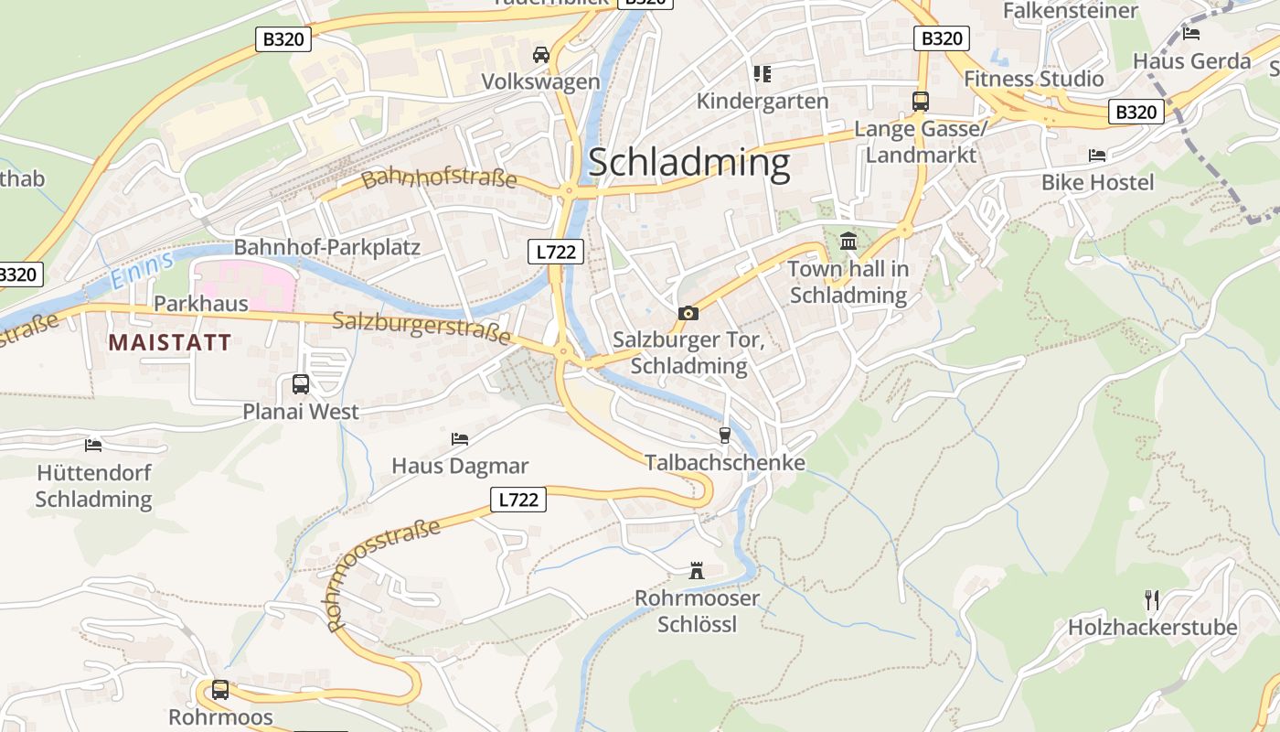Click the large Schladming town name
coord(688,163)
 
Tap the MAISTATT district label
coord(170,343)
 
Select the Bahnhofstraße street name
coord(439,178)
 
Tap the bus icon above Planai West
coord(301,384)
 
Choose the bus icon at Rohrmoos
coord(220,690)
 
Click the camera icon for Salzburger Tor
coord(688,314)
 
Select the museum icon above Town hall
coord(848,242)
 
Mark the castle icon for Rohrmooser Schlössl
coord(697,572)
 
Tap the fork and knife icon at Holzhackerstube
coord(1152,600)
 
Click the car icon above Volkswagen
coord(541,55)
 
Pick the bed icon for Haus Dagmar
coord(460,439)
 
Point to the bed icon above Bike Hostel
coord(1097,156)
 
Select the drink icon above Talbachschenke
coord(725,435)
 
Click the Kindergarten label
coord(763,101)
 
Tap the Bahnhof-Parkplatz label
coord(327,247)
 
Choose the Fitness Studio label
coord(1034,79)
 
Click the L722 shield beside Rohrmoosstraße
coord(518,500)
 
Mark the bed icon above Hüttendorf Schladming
coord(93,446)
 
